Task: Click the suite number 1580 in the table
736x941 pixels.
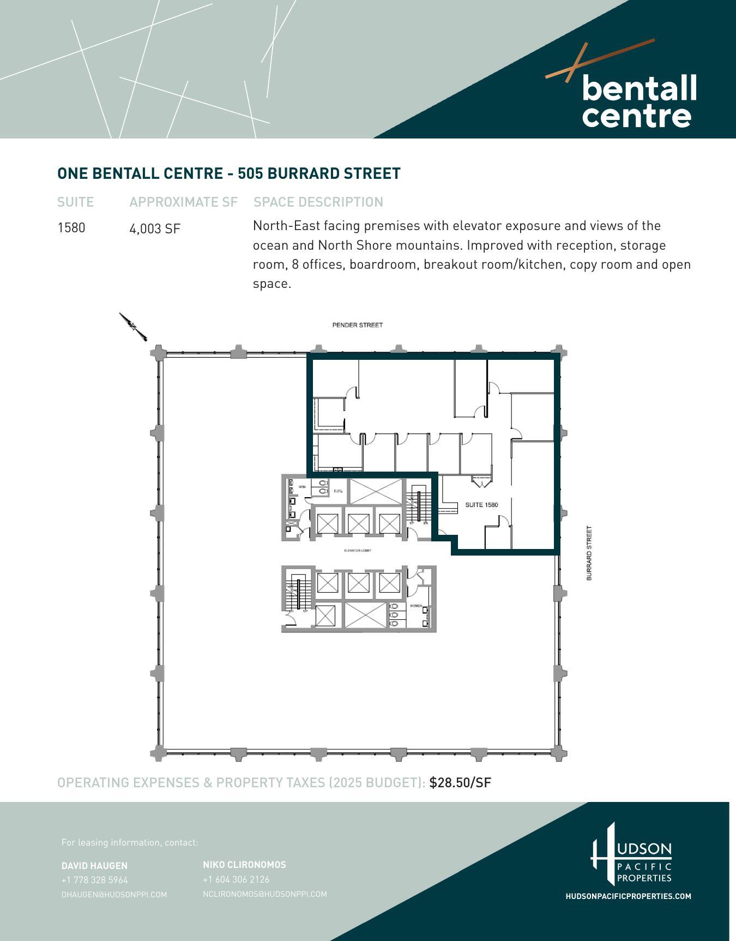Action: pyautogui.click(x=71, y=227)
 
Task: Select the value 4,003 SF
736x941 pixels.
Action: pyautogui.click(x=154, y=229)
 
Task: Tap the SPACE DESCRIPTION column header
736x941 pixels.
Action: pyautogui.click(x=318, y=202)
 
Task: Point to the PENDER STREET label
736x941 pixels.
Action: pyautogui.click(x=357, y=325)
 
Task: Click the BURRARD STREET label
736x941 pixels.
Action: pyautogui.click(x=589, y=553)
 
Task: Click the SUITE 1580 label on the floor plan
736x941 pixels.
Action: pyautogui.click(x=481, y=505)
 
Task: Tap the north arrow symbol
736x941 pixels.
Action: pyautogui.click(x=133, y=327)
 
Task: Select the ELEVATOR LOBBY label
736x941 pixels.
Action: pyautogui.click(x=358, y=551)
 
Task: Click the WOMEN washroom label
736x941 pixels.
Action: pyautogui.click(x=415, y=606)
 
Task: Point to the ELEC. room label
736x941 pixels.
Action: pyautogui.click(x=337, y=491)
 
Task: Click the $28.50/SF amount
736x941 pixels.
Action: pyautogui.click(x=460, y=783)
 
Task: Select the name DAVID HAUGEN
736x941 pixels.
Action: pyautogui.click(x=94, y=866)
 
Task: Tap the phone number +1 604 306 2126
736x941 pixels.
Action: pyautogui.click(x=236, y=879)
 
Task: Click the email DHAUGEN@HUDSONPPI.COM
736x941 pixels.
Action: pyautogui.click(x=114, y=895)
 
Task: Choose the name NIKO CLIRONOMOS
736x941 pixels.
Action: pyautogui.click(x=244, y=865)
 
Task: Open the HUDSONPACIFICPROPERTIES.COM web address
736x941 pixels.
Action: pyautogui.click(x=628, y=896)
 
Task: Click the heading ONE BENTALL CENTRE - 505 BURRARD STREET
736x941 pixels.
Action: pyautogui.click(x=228, y=173)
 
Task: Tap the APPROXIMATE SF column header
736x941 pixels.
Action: pyautogui.click(x=183, y=202)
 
